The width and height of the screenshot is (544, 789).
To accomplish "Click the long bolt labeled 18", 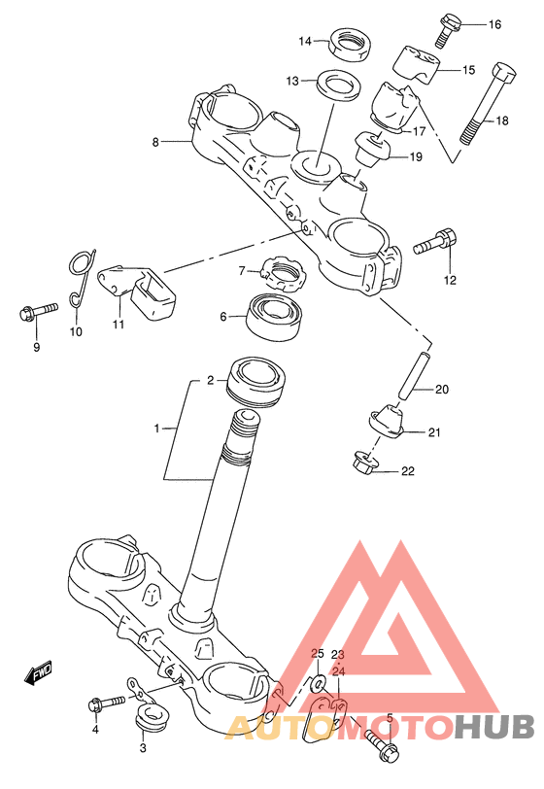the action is point(487,104).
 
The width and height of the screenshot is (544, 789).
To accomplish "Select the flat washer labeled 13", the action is point(339,85).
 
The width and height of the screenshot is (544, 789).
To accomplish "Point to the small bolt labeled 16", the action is point(446,30).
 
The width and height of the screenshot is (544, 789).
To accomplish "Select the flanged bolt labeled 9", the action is point(38,312).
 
